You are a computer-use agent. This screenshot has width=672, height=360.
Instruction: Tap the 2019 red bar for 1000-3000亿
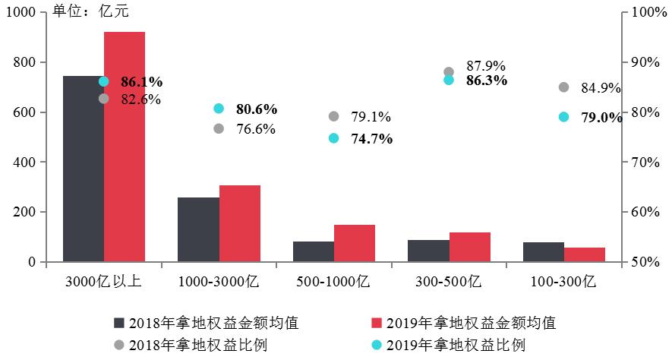(x=240, y=223)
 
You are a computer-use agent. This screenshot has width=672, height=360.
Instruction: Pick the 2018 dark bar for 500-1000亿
(x=314, y=251)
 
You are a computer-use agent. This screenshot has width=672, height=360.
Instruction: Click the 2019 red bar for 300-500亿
(x=469, y=247)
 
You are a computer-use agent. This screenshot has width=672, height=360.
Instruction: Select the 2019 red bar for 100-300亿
(x=585, y=254)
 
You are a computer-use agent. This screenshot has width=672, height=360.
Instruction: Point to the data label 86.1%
(x=142, y=81)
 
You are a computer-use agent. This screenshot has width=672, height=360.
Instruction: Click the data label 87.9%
(x=486, y=66)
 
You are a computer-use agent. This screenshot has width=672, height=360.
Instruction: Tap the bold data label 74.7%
(x=371, y=138)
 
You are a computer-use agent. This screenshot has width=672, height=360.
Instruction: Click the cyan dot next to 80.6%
(x=219, y=109)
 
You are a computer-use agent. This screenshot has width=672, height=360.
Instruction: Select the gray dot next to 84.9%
(x=563, y=87)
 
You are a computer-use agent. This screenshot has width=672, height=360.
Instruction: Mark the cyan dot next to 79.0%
(x=563, y=117)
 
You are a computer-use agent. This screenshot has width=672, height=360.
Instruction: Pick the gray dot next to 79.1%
(x=333, y=116)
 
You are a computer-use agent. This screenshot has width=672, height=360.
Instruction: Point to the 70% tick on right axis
(x=642, y=162)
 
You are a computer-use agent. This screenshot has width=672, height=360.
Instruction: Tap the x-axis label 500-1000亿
(x=334, y=281)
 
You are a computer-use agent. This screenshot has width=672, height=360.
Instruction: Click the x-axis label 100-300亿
(x=564, y=281)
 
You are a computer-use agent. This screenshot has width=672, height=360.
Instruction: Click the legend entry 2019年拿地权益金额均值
(x=471, y=322)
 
